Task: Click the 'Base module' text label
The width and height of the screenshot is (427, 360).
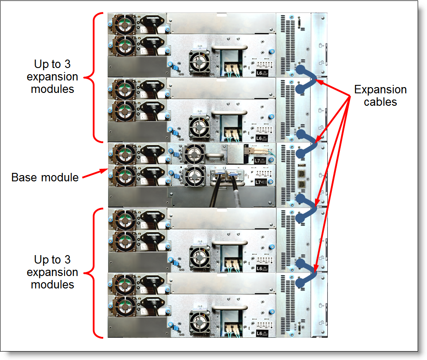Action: pos(44,177)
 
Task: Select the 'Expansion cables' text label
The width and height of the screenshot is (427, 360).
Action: pos(380,96)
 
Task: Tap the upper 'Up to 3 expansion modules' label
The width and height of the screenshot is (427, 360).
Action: pos(52,76)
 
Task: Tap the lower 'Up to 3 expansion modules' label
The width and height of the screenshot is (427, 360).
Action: pos(52,272)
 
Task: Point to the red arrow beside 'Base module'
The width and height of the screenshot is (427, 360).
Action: pos(93,173)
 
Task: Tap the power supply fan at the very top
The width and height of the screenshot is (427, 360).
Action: pos(120,24)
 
